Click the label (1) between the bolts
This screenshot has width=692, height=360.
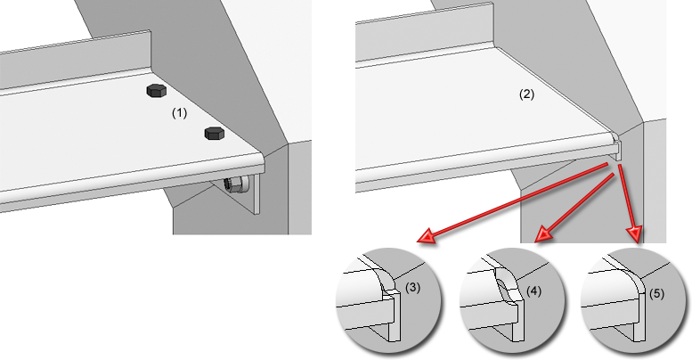[x=179, y=114]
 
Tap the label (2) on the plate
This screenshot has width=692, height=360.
[x=526, y=94]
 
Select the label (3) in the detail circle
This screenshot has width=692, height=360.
[x=412, y=288]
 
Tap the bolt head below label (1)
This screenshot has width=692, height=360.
[x=214, y=134]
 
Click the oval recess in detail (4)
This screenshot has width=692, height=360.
[x=505, y=290]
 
